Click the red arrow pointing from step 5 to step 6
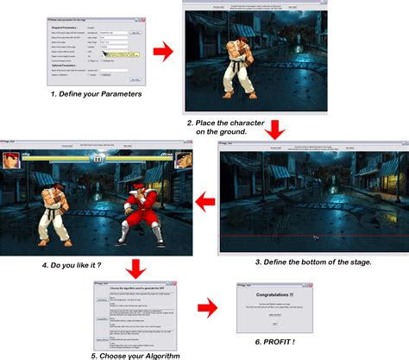[204, 306]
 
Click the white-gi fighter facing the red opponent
[54, 203]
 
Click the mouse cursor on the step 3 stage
[316, 237]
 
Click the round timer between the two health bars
[98, 159]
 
